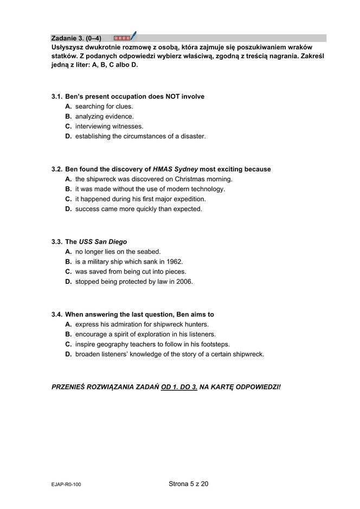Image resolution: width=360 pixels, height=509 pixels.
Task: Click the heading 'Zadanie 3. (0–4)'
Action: [x=76, y=38]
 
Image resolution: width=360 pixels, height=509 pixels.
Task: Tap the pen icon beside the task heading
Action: [x=133, y=36]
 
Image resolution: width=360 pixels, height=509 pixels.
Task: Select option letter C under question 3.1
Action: [x=68, y=126]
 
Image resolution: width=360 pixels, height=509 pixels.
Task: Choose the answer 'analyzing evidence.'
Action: [x=104, y=116]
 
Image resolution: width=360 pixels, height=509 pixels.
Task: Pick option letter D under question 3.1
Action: [x=68, y=136]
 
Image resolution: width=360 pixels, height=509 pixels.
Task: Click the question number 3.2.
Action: [x=56, y=169]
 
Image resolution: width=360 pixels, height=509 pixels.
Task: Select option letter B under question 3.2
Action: [x=68, y=189]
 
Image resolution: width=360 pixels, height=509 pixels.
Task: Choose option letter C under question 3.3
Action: [x=68, y=271]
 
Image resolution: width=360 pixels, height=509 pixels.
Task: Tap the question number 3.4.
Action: [x=56, y=314]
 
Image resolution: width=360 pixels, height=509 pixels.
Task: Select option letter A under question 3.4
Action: [x=68, y=324]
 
